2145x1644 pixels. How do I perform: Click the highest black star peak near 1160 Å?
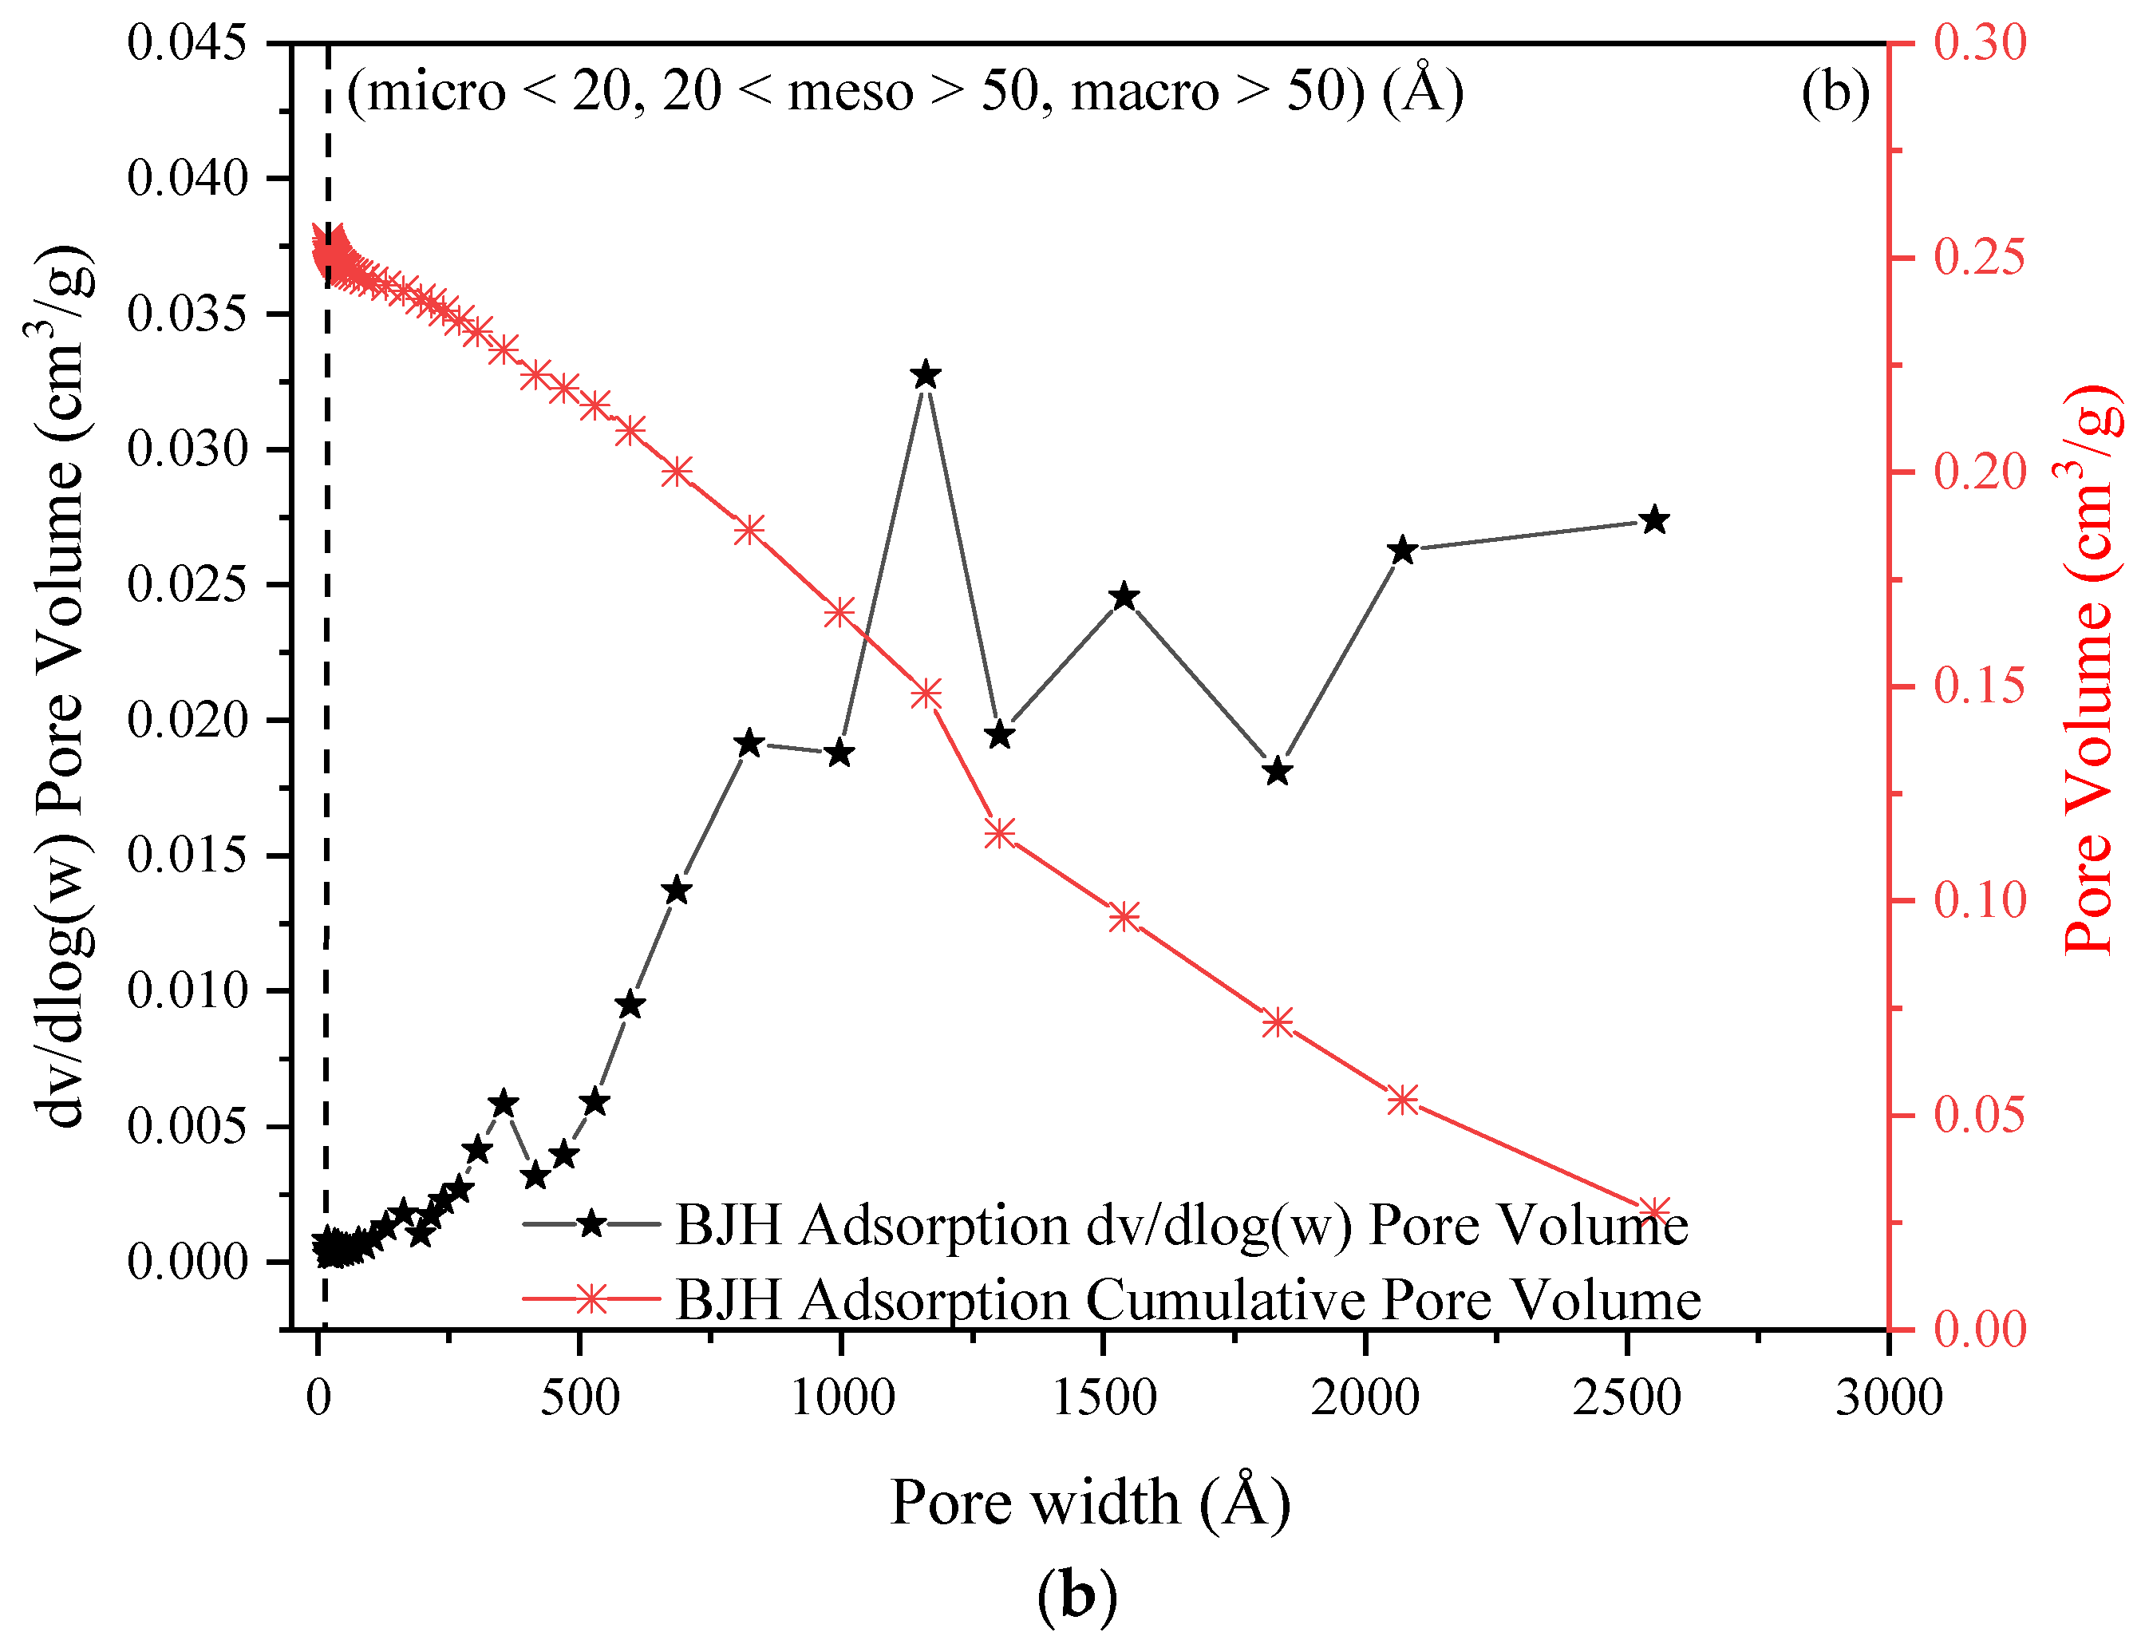[x=926, y=376]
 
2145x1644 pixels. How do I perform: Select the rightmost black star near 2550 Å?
[x=1653, y=520]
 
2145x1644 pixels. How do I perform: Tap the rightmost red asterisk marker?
[x=1653, y=1211]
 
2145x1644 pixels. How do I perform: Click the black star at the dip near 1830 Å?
[x=1277, y=772]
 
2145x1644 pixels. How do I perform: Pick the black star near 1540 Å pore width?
[x=1124, y=597]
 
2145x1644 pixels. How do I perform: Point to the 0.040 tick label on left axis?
[x=187, y=178]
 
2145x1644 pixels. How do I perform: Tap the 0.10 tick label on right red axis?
[x=1980, y=900]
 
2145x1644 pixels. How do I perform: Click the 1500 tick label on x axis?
[x=1104, y=1397]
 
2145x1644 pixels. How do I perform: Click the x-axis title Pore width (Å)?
[x=1090, y=1502]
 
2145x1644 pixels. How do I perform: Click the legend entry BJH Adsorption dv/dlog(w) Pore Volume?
[x=1181, y=1225]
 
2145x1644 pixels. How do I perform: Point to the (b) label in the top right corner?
[x=1835, y=91]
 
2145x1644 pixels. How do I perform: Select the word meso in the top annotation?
[x=849, y=91]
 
